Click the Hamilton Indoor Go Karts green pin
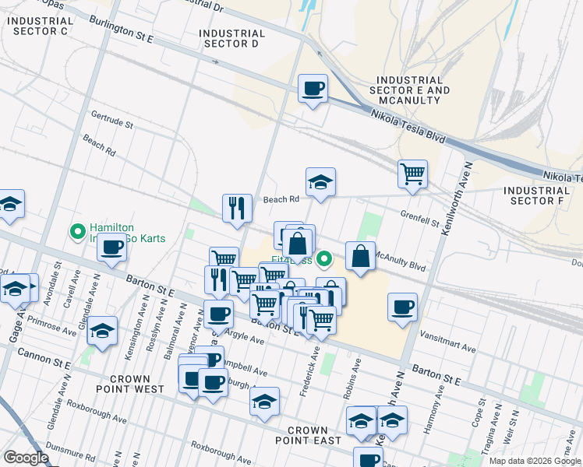[77, 231]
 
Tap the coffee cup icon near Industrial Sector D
[313, 89]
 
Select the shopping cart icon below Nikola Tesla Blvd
[412, 174]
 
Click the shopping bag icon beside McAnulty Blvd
[360, 257]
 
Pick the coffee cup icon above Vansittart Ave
[402, 307]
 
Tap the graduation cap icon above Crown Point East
[265, 402]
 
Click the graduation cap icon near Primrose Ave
[102, 331]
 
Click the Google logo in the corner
[26, 458]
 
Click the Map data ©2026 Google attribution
[534, 461]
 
